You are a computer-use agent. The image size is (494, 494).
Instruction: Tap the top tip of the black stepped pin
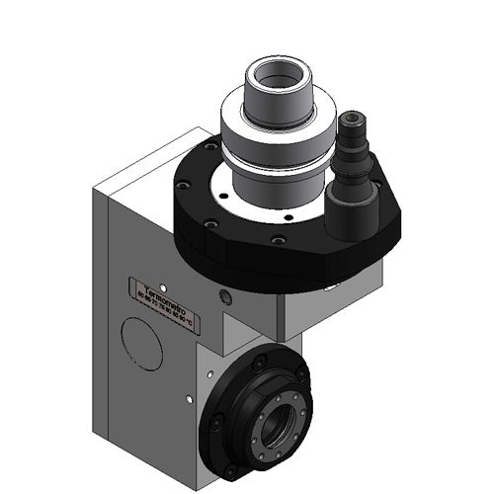point(352,116)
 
